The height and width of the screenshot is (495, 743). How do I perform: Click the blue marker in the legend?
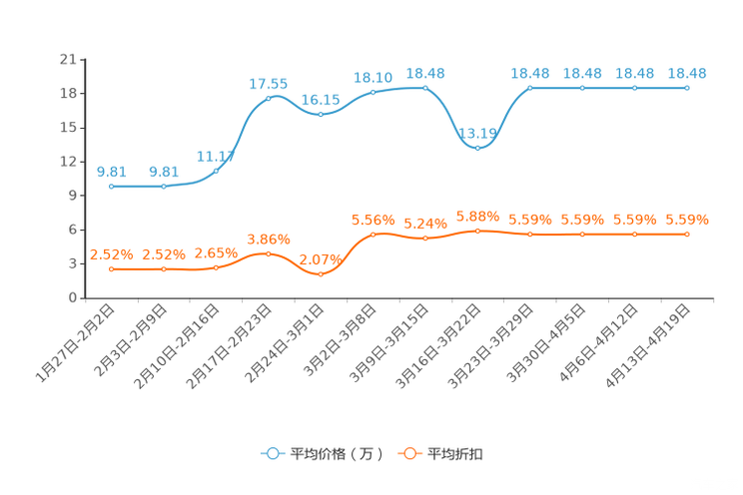click(271, 453)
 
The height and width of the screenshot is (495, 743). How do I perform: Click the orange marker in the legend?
click(408, 453)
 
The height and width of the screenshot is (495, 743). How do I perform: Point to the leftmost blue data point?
click(112, 187)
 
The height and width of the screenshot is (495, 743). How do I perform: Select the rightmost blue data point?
click(687, 88)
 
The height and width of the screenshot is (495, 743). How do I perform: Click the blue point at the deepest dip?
click(478, 148)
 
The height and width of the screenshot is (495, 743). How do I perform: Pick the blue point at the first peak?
click(269, 98)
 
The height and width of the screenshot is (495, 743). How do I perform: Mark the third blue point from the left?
click(217, 171)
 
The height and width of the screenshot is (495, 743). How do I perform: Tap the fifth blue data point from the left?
click(321, 113)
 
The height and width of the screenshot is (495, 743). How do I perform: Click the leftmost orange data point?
click(112, 269)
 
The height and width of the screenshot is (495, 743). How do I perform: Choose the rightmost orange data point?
click(687, 234)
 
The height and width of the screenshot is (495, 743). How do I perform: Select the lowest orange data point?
click(321, 274)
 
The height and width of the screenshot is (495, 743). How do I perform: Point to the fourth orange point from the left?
click(269, 253)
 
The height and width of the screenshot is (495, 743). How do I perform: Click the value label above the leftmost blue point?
click(112, 172)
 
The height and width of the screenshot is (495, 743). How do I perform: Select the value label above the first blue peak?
click(269, 82)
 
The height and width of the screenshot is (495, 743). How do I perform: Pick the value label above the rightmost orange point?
click(687, 219)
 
